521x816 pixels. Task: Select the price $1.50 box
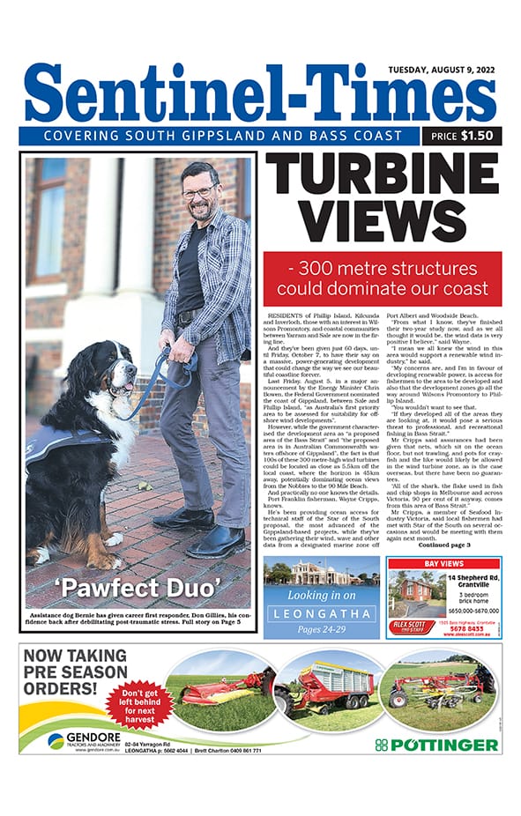462,136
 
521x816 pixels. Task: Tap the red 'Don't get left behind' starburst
138,704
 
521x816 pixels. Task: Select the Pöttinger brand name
436,746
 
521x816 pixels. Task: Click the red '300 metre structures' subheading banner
382,278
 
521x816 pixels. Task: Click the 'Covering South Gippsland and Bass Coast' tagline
218,136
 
